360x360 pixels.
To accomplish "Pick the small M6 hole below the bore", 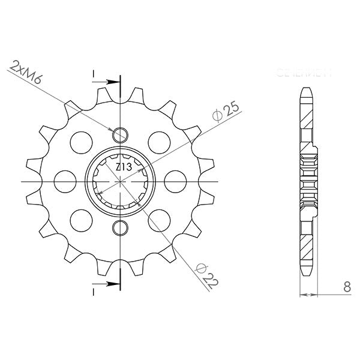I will click(x=121, y=227).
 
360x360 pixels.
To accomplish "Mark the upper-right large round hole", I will click(x=160, y=141).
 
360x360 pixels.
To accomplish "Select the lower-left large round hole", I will click(x=80, y=219).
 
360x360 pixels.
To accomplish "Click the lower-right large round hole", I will click(x=160, y=219).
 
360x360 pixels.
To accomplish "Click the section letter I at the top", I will click(x=94, y=74).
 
